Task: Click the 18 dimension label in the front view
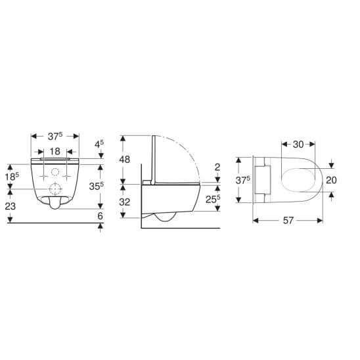point(55,151)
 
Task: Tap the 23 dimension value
point(11,206)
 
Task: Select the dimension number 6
point(100,216)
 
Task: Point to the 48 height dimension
point(125,159)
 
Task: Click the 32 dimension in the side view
point(125,202)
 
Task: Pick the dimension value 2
point(217,167)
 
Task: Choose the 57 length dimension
point(288,221)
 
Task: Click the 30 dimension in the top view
point(298,145)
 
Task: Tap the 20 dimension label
point(331,180)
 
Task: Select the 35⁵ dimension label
point(96,186)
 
